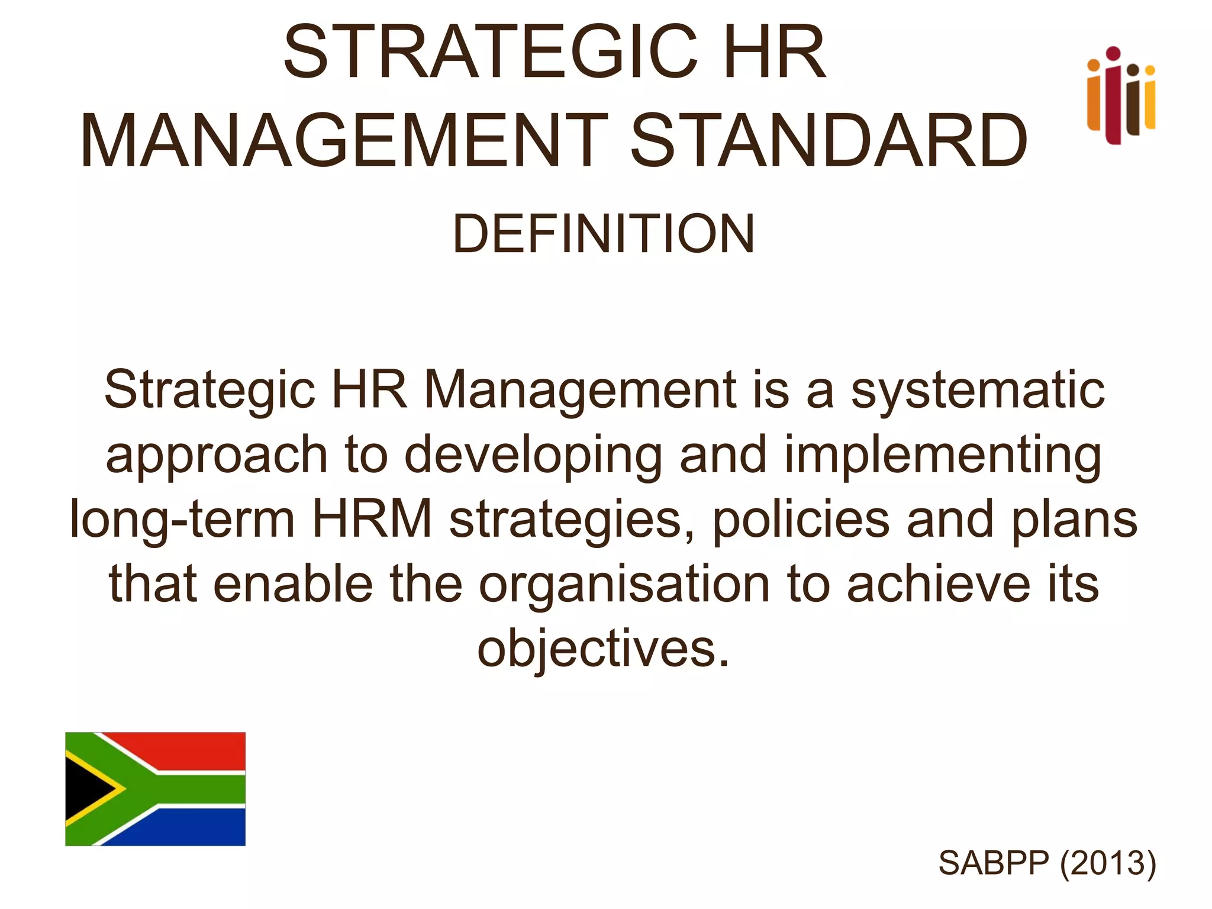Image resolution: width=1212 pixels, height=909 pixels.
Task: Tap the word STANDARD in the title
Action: pos(829,142)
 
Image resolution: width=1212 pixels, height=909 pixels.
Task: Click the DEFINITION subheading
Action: pos(604,234)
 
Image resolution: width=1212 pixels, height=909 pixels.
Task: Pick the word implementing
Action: pos(943,456)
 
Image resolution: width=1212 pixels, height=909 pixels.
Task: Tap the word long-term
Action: pos(182,520)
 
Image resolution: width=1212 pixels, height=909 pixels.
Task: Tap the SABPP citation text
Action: pos(993,863)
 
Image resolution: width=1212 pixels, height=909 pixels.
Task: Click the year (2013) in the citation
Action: pos(1108,863)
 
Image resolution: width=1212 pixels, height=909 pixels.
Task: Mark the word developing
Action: pos(533,456)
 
